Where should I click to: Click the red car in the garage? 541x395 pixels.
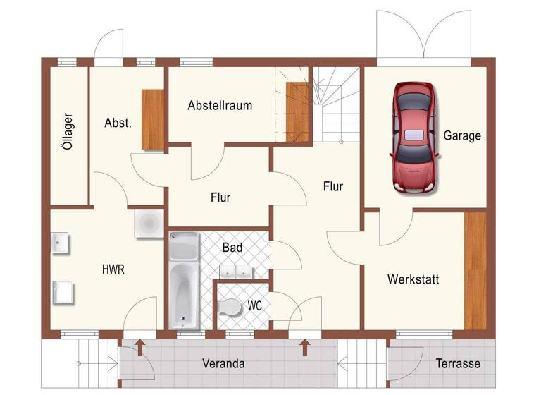click(413, 137)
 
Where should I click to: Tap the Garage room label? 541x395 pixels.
click(462, 135)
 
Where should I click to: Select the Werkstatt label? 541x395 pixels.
click(413, 279)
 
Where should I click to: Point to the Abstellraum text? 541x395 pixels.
click(220, 105)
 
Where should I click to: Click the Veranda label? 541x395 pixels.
click(223, 364)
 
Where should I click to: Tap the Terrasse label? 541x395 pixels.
click(457, 364)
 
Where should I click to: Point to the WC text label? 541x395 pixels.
click(255, 307)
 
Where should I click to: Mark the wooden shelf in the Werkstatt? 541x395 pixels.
click(475, 269)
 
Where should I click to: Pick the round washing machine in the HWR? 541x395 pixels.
click(149, 224)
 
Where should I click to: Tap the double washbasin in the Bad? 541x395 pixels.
click(235, 271)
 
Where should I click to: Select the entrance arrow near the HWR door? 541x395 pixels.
click(139, 346)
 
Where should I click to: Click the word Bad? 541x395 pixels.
click(232, 248)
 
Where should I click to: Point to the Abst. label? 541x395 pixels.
click(118, 122)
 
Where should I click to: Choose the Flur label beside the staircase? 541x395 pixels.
click(333, 186)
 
